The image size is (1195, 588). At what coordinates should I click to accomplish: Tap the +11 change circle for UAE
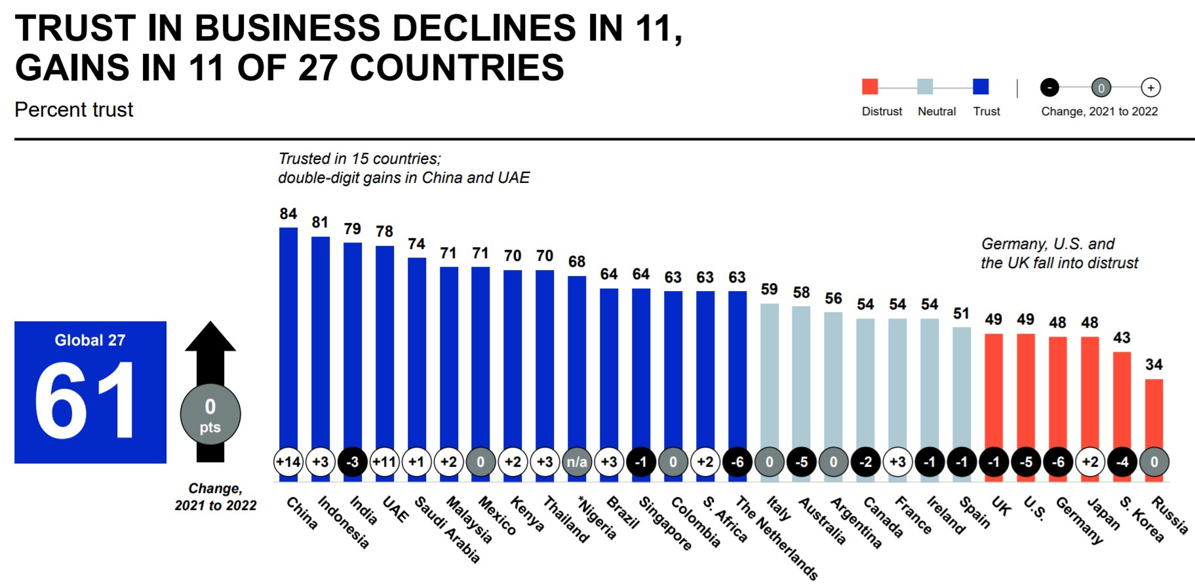point(384,461)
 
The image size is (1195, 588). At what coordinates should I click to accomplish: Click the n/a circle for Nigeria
point(577,461)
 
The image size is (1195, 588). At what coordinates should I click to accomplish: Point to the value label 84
point(288,214)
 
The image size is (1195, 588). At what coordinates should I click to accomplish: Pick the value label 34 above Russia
point(1154,364)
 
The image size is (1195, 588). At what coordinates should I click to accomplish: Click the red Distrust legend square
point(870,87)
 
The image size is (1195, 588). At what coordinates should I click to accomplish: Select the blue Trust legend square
point(981,87)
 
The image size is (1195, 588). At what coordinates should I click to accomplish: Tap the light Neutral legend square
point(925,87)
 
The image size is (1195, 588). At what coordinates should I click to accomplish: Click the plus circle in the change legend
point(1150,87)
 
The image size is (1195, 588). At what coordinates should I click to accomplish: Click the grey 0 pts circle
point(210,415)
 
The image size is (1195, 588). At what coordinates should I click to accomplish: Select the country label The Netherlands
point(777,538)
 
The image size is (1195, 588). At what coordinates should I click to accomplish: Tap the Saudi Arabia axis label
point(448,529)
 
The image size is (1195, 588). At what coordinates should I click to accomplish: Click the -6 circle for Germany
point(1058,461)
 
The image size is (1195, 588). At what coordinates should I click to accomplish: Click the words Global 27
point(90,340)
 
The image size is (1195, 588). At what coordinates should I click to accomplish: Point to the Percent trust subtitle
point(74,109)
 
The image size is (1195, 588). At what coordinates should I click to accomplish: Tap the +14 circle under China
point(288,461)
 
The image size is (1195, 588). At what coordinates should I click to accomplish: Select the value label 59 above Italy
point(770,289)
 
